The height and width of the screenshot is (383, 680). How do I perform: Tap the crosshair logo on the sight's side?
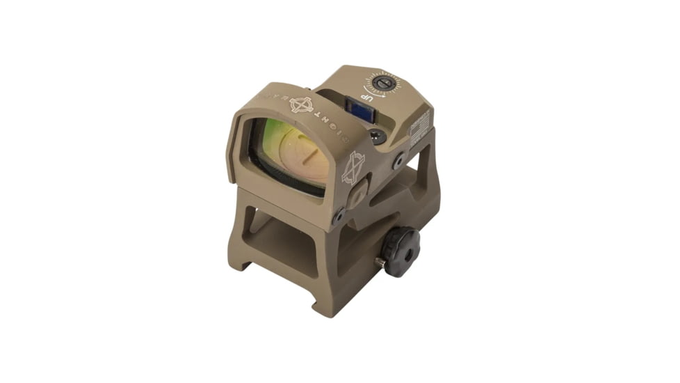click(x=353, y=167)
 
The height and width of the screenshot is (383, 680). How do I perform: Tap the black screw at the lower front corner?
click(x=337, y=217)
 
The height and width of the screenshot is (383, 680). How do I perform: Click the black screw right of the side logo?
click(x=398, y=161)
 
